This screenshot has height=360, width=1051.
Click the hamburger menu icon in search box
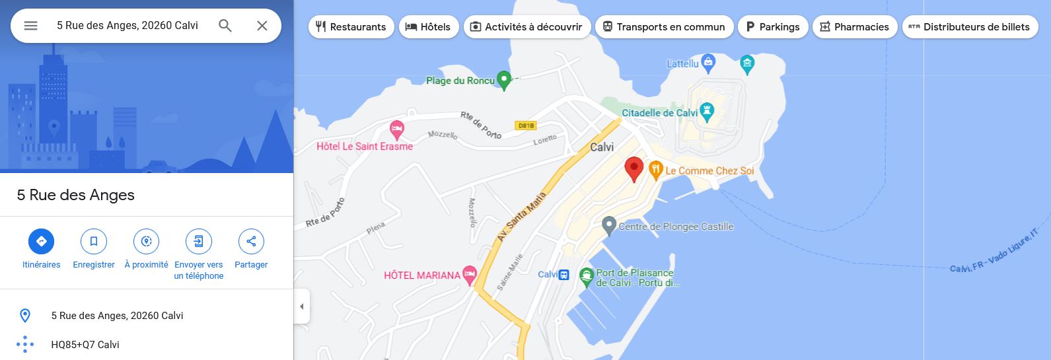coord(31,26)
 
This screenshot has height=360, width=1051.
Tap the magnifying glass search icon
coord(225,26)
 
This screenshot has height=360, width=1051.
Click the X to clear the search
coord(262,26)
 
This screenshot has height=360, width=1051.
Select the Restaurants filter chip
coord(351,27)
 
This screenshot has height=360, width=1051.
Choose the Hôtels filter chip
coord(428,27)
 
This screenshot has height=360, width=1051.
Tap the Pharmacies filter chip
coord(854,27)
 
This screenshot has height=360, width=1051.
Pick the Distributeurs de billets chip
coord(969,27)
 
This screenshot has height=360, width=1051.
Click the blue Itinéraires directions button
coord(41,242)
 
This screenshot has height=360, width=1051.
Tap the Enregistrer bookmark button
coord(94,242)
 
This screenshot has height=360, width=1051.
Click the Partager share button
coord(251,242)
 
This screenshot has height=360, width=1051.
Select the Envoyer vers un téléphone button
coord(199,242)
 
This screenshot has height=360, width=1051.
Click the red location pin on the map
coord(634,169)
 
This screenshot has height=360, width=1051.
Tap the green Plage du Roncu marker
coord(504,81)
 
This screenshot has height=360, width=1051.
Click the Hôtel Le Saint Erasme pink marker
coord(396,128)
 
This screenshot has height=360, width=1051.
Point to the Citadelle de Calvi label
coord(659,113)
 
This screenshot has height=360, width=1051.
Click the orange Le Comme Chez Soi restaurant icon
coord(655,170)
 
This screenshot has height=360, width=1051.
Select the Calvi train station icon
coord(563,275)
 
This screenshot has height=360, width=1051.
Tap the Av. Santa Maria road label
coord(522,216)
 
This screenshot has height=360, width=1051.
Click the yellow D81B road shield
coord(526,126)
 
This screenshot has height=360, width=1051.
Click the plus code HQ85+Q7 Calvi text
coord(85,345)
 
